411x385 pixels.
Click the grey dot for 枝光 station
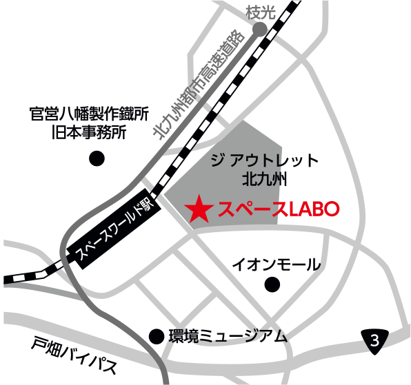point(259,29)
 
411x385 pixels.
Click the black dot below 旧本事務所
point(97,160)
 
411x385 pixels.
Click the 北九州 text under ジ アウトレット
point(263,180)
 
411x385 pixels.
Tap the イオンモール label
point(275,264)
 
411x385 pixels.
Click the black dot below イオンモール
point(274,284)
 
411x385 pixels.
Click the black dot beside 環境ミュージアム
point(157,336)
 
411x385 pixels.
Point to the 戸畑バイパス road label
point(74,354)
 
